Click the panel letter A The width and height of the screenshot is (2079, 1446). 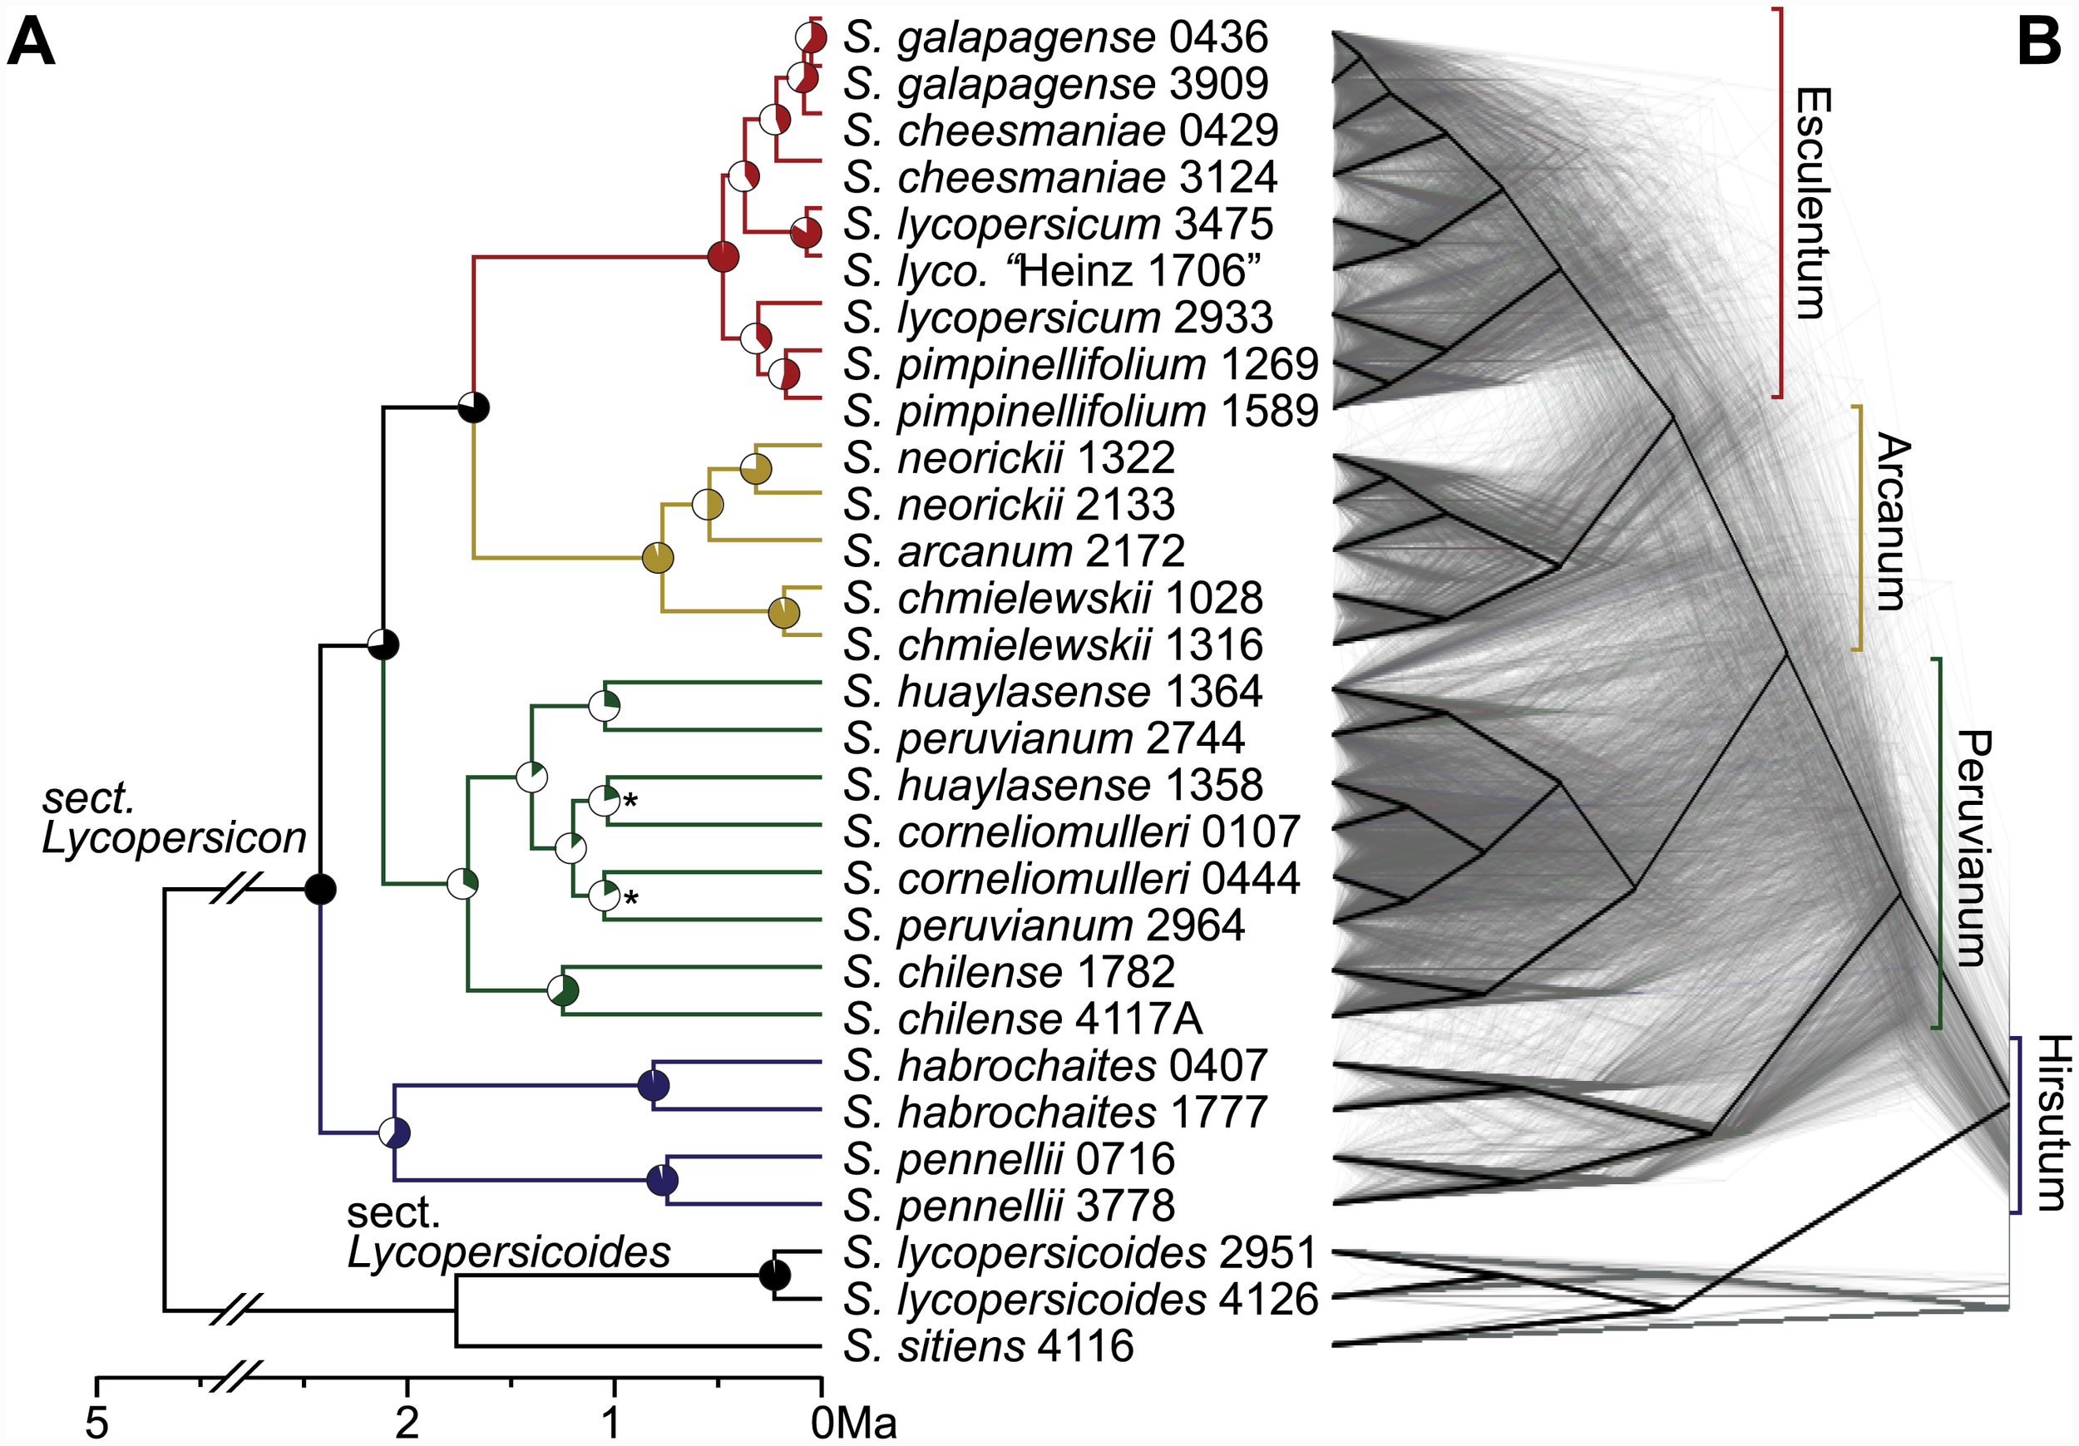click(x=31, y=43)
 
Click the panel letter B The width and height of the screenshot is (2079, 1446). click(x=2040, y=43)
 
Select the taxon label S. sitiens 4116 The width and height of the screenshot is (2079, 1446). click(x=988, y=1346)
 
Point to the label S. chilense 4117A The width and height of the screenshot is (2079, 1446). click(x=1022, y=1019)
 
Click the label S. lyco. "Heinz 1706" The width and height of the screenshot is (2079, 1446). click(x=1052, y=271)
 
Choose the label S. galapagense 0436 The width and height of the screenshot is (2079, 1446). click(x=1056, y=37)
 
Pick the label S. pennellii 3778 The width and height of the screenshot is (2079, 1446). click(x=1009, y=1206)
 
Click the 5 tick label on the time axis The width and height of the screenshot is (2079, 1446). click(x=97, y=1424)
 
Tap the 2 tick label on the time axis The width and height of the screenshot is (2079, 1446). click(x=407, y=1424)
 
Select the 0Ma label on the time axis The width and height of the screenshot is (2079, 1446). click(x=853, y=1424)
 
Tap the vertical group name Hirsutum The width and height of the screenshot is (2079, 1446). click(x=2051, y=1123)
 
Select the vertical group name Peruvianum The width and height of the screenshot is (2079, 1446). click(x=1973, y=848)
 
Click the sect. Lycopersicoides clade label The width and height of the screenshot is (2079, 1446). click(x=507, y=1233)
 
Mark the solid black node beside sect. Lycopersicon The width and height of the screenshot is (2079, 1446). click(x=319, y=889)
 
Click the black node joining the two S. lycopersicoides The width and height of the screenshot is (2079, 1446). click(x=774, y=1276)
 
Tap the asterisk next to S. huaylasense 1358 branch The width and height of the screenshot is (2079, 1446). click(x=630, y=801)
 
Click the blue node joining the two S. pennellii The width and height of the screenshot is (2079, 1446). click(x=663, y=1181)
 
